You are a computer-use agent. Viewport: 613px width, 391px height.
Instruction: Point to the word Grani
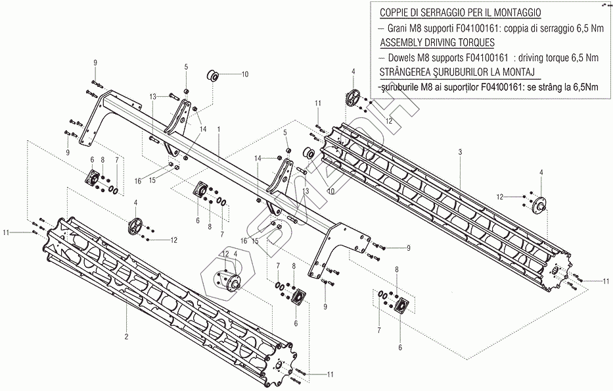point(401,28)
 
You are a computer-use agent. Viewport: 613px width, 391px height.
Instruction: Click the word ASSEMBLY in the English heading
point(403,42)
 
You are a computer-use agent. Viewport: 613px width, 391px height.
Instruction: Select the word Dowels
point(403,57)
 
